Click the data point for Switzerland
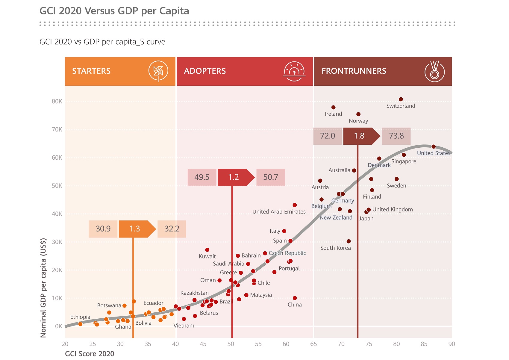tap(401, 99)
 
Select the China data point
tap(295, 298)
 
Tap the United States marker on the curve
tap(434, 147)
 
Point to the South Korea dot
tap(349, 241)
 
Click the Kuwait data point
tap(207, 250)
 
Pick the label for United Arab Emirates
tap(279, 212)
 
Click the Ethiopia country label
tap(80, 317)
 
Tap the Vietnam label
tap(184, 326)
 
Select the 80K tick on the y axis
tap(57, 102)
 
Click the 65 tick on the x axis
tap(313, 344)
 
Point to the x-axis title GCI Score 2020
tap(90, 354)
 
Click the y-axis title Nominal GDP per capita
tap(43, 288)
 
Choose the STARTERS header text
tap(91, 71)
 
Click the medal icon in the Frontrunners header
tap(434, 71)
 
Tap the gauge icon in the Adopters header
tap(294, 72)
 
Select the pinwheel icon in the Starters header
tap(158, 71)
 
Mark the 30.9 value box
tap(103, 229)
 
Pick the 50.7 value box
tap(271, 177)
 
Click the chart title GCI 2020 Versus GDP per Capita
tap(114, 11)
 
